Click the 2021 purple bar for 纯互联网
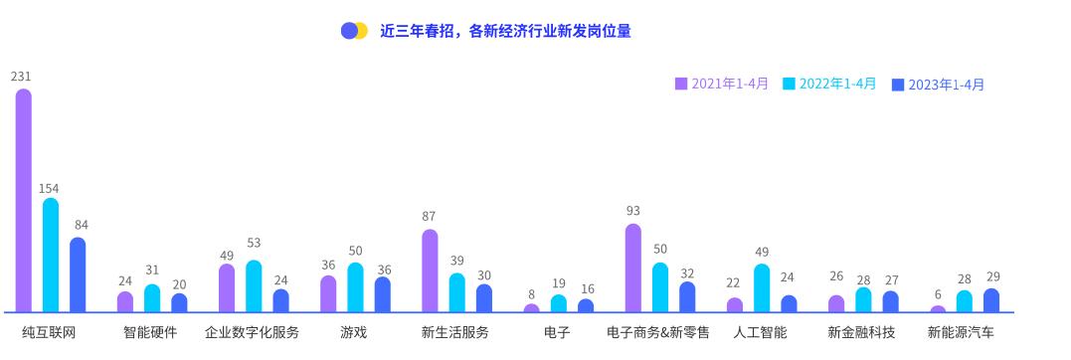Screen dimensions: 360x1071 click(23, 199)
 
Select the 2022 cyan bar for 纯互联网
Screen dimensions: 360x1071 click(51, 255)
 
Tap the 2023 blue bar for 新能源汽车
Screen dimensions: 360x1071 click(990, 300)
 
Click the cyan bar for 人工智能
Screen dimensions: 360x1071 click(762, 288)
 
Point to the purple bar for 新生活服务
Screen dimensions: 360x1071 click(430, 270)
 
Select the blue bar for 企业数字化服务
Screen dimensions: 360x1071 click(280, 300)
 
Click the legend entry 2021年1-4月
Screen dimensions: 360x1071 click(722, 84)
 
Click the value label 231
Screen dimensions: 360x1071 click(21, 77)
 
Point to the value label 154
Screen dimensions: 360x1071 click(50, 188)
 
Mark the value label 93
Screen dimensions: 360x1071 click(632, 211)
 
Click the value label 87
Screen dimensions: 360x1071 click(429, 217)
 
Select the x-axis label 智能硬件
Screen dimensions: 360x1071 click(150, 332)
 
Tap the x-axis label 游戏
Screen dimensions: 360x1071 click(353, 332)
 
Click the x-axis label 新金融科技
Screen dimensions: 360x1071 click(861, 332)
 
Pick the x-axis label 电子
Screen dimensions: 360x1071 click(557, 332)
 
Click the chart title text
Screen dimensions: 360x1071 click(505, 31)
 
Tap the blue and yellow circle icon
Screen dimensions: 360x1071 click(354, 31)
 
